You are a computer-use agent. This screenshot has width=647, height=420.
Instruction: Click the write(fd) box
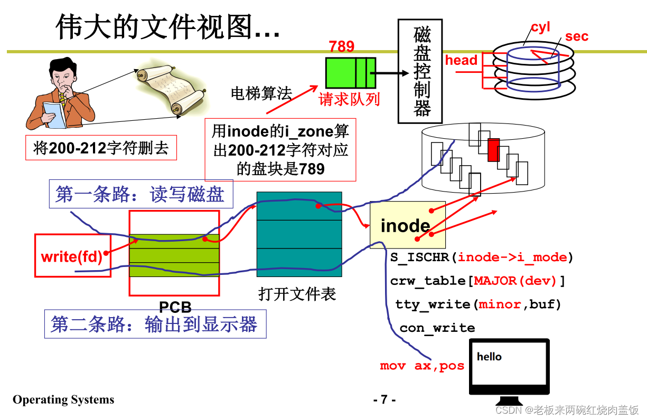click(x=72, y=255)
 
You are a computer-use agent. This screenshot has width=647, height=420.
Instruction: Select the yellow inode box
click(x=407, y=225)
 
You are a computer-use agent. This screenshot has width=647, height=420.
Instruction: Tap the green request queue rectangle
click(x=350, y=73)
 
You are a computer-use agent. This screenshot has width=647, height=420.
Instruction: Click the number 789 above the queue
click(x=342, y=46)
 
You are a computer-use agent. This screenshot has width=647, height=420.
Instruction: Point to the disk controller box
click(x=420, y=71)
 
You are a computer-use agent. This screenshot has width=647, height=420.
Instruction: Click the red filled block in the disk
click(x=493, y=150)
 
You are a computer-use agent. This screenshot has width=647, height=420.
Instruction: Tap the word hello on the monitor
click(x=489, y=357)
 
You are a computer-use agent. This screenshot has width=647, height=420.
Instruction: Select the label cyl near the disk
click(x=540, y=27)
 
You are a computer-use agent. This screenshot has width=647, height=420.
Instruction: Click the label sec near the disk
click(x=576, y=36)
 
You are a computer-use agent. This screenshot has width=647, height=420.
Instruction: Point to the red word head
click(x=461, y=60)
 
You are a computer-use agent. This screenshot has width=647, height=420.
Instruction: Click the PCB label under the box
click(x=175, y=307)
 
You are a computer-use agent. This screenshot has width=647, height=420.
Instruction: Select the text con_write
click(x=437, y=328)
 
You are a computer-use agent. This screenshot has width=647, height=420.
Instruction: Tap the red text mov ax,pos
click(x=422, y=366)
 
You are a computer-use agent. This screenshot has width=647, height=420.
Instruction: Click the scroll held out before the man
click(x=167, y=90)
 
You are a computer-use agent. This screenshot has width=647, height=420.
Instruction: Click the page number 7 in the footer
click(x=384, y=399)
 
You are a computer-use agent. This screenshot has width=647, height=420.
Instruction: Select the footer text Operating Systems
click(x=63, y=399)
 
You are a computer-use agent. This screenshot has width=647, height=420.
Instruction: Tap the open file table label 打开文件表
click(x=297, y=293)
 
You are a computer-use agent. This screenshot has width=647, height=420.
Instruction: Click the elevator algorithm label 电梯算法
click(x=261, y=93)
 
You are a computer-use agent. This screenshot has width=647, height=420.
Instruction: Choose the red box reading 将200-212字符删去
click(x=101, y=148)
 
